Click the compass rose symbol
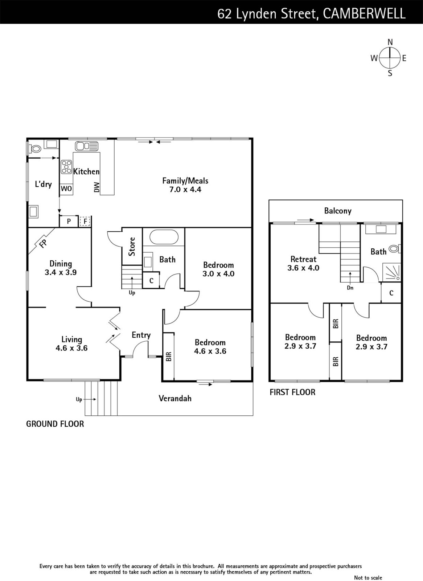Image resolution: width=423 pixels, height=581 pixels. point(390,58)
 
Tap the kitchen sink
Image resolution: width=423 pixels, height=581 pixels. point(87,146)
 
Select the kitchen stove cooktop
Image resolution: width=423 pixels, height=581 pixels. point(66,167)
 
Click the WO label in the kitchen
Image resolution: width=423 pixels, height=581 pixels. point(66,188)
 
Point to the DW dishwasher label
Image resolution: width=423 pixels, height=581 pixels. point(96,187)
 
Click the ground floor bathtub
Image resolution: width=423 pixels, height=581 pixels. point(164,237)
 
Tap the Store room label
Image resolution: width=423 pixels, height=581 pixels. point(132,247)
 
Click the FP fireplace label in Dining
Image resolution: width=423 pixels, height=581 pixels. point(43,244)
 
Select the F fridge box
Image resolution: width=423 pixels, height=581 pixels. point(85,222)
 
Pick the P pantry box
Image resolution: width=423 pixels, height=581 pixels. point(69,221)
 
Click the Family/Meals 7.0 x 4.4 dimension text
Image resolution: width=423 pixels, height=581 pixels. point(185,190)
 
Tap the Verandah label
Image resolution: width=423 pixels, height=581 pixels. point(175,398)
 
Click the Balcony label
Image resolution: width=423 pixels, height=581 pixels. point(338,211)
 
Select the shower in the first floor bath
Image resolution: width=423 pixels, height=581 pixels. point(392,272)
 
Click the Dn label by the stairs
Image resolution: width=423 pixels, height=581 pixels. point(350,288)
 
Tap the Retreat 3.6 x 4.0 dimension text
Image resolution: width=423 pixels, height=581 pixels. point(303,268)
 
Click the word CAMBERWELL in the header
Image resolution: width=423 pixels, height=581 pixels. point(364,14)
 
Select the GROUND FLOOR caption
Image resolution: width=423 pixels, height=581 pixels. point(55,424)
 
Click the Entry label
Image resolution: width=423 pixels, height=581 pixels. point(141,335)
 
